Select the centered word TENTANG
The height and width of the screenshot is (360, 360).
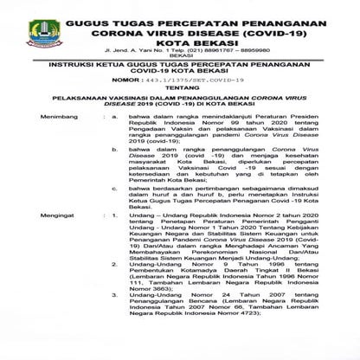click(x=179, y=99)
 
